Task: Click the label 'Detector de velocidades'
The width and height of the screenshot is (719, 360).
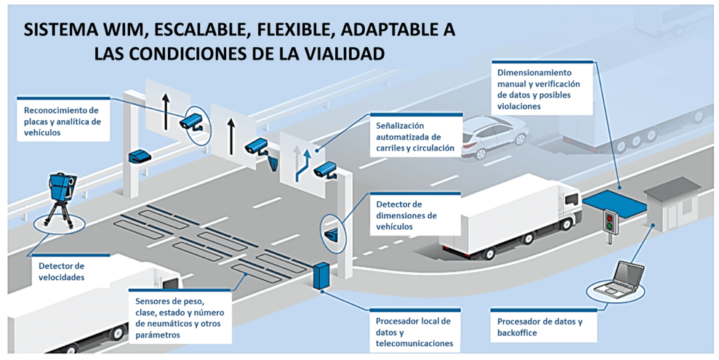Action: point(61,271)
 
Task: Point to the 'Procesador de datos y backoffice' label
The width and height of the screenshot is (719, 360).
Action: point(539,327)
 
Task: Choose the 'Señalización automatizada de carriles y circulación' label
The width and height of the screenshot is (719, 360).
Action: point(413,137)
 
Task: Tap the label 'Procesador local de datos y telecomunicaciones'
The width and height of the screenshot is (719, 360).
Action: point(413,331)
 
